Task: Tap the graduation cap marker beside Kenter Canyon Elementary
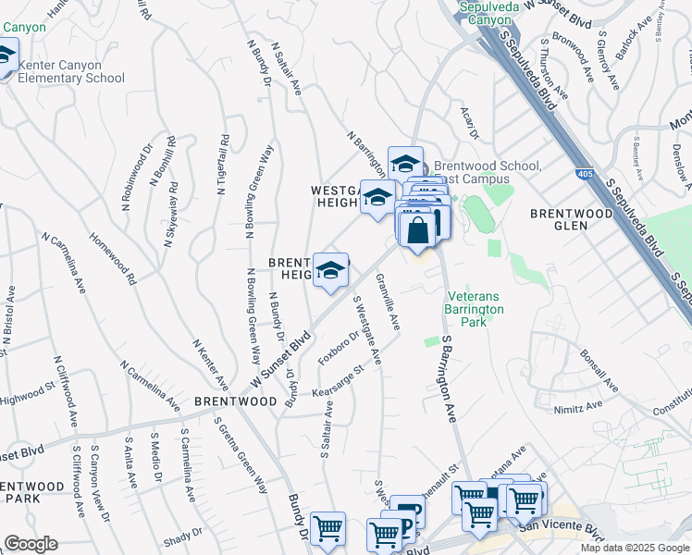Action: click(x=5, y=57)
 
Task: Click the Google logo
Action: click(x=31, y=544)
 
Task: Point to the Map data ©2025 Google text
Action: click(x=634, y=548)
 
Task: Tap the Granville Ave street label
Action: click(x=389, y=307)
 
